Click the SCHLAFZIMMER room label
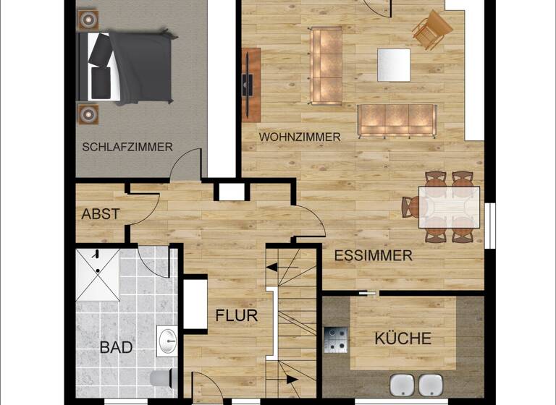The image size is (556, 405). pos(127,147)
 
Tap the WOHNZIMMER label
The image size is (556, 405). pos(300,137)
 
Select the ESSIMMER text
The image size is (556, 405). pos(373,255)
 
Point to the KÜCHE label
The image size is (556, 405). pos(403,338)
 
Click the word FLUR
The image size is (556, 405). pos(237,316)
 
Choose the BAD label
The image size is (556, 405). pos(116,347)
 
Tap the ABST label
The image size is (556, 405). pos(101,214)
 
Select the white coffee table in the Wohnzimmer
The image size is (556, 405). pos(394,64)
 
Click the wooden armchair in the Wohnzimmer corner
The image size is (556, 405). pos(432,29)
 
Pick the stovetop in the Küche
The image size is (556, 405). pos(336,340)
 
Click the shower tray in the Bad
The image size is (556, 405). pos(98,274)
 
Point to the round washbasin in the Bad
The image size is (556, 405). pos(167,338)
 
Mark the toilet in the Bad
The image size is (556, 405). pos(160,379)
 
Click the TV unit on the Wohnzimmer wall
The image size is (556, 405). pos(251,83)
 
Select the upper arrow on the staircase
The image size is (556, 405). pos(274,267)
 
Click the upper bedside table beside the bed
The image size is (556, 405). pos(88,19)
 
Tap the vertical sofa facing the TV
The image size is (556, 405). pos(326,57)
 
